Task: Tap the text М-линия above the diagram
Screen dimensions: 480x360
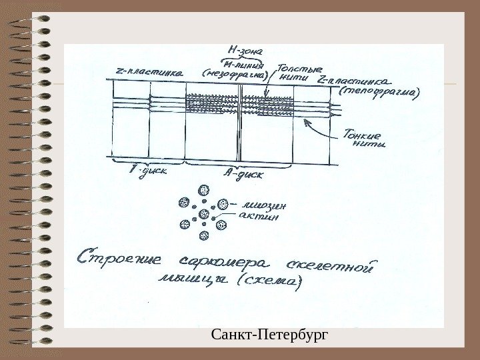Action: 246,63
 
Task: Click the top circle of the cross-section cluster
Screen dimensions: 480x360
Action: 204,191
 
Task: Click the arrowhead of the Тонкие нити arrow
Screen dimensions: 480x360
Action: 305,121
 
